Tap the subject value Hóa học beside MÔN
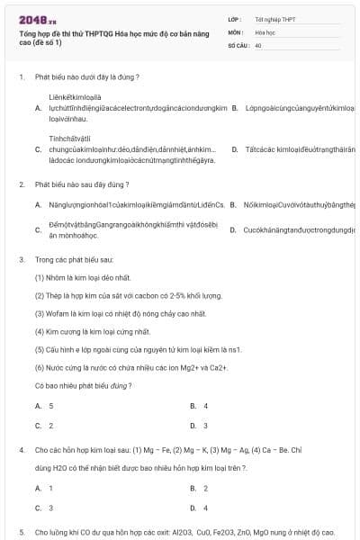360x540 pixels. point(265,31)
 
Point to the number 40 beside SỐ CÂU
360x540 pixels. point(258,44)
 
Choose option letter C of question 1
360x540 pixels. point(39,149)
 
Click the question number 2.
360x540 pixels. point(21,184)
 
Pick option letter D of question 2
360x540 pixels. point(234,229)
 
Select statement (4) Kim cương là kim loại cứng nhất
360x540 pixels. point(92,331)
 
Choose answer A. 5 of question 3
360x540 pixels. point(44,406)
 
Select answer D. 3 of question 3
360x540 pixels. point(199,426)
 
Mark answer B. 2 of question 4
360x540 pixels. point(199,488)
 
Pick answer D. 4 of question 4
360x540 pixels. point(199,508)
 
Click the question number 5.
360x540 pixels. point(21,532)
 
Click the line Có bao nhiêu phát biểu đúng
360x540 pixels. point(84,385)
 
